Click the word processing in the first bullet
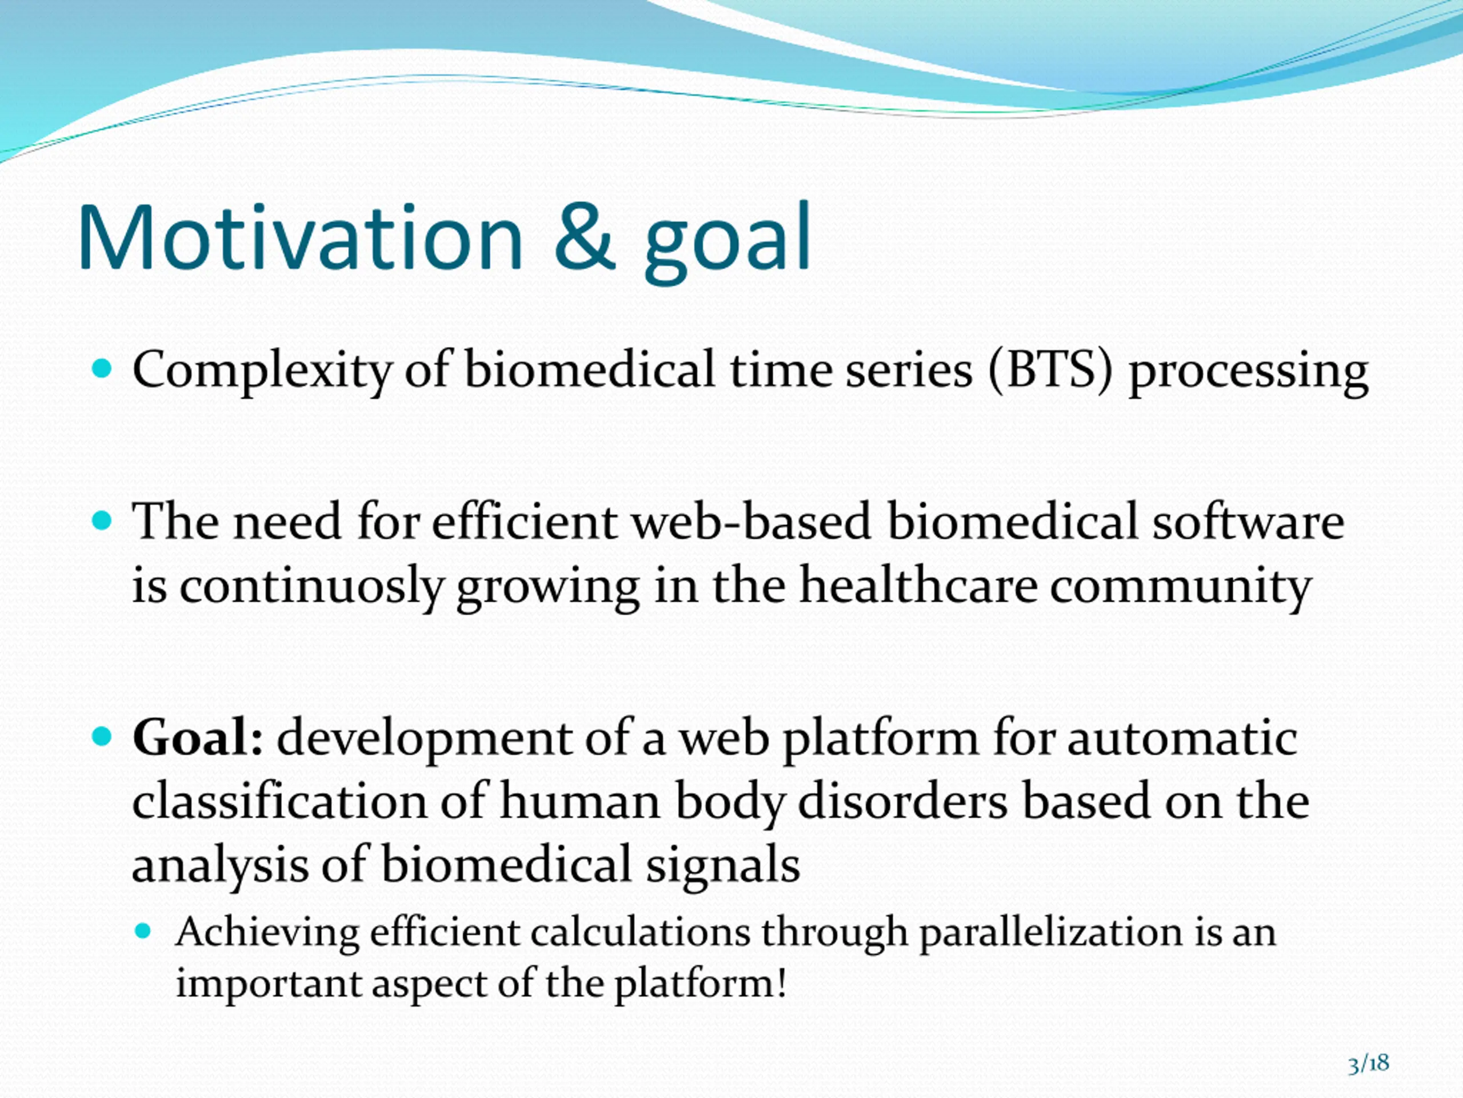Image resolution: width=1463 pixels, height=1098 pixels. click(x=1248, y=373)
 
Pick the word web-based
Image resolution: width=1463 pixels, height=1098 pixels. click(x=751, y=522)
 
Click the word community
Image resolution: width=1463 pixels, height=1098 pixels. click(x=1181, y=588)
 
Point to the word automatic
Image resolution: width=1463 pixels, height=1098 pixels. click(x=1182, y=738)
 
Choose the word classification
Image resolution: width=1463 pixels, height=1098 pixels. click(x=280, y=800)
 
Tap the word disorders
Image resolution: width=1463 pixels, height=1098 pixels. click(x=903, y=800)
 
